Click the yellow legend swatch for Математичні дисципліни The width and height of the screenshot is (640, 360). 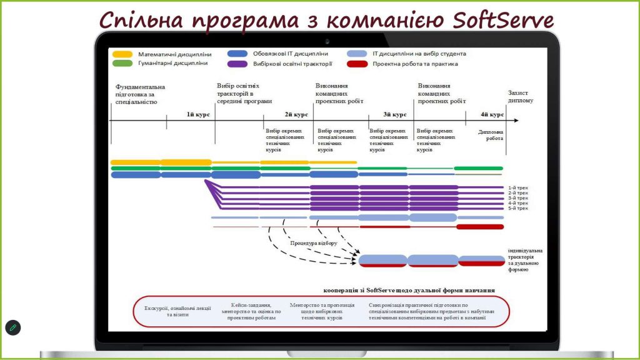[x=122, y=54]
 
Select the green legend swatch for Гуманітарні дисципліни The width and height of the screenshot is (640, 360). [x=122, y=63]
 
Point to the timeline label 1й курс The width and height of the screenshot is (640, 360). [x=198, y=114]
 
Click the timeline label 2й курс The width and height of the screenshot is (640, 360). [x=296, y=114]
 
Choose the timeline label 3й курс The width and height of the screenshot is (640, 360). [x=395, y=114]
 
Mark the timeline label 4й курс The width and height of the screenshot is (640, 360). [x=492, y=114]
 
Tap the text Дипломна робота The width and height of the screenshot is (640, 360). [x=491, y=135]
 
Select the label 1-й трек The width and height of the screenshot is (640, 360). [x=518, y=187]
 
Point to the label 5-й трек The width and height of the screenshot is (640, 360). [x=518, y=208]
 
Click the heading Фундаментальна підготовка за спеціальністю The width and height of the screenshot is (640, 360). [x=141, y=94]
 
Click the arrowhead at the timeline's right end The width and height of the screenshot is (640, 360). [x=515, y=120]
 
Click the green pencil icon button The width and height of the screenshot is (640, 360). [x=12, y=327]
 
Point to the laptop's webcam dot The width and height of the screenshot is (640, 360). [x=327, y=41]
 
